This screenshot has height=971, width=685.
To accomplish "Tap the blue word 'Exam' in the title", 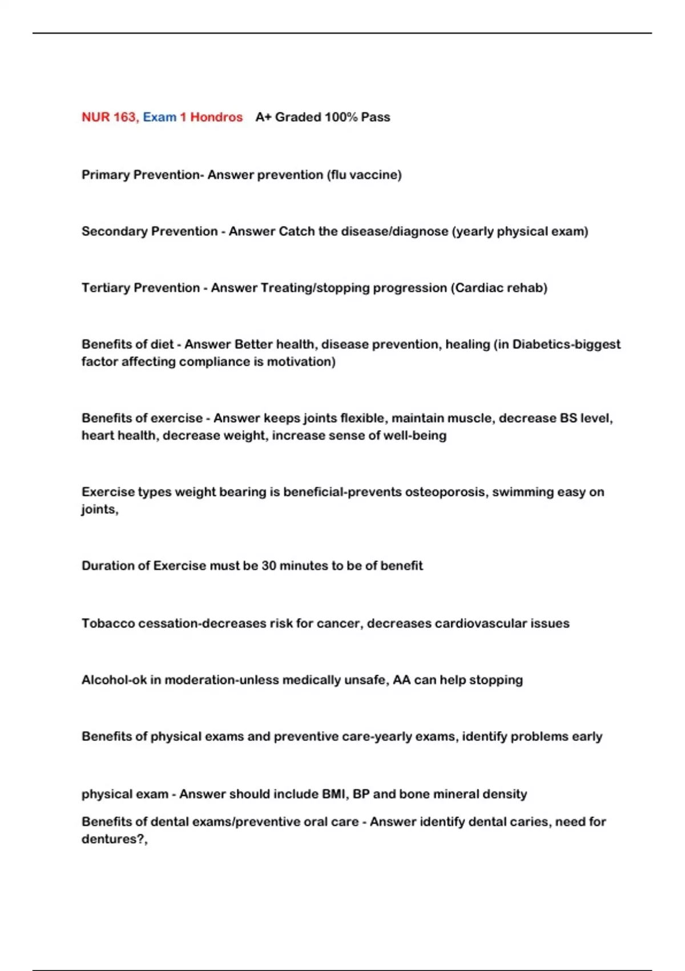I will pyautogui.click(x=159, y=117).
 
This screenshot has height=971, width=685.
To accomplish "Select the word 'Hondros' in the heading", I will pyautogui.click(x=216, y=117).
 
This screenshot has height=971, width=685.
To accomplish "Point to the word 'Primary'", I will pyautogui.click(x=105, y=175).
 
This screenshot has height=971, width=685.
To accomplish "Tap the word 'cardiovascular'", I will pyautogui.click(x=480, y=623).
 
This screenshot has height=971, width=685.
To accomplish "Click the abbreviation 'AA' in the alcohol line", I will pyautogui.click(x=402, y=680).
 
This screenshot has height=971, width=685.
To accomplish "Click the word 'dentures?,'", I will pyautogui.click(x=114, y=839).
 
